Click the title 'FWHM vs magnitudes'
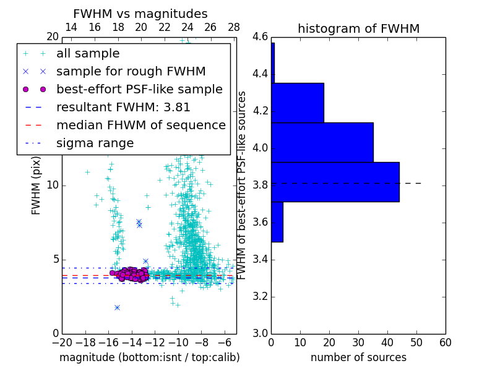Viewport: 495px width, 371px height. tap(140, 14)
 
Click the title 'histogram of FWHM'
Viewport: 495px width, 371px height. tap(358, 28)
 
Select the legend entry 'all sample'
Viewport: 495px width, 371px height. tap(88, 54)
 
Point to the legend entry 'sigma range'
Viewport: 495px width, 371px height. tap(95, 143)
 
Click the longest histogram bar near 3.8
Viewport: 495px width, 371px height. tap(335, 182)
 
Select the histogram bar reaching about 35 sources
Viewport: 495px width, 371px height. tap(322, 142)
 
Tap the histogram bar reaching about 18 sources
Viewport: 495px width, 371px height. tap(297, 103)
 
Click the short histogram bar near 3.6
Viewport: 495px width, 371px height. tap(277, 221)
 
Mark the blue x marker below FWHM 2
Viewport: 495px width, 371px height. tap(117, 307)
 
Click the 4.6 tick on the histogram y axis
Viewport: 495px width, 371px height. tap(260, 37)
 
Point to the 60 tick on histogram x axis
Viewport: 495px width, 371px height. tap(445, 342)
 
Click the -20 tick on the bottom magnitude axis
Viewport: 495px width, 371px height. tap(62, 342)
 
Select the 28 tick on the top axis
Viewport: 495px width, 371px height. tap(234, 27)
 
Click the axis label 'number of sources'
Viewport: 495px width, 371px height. tap(358, 357)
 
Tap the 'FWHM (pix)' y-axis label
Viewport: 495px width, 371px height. tap(37, 185)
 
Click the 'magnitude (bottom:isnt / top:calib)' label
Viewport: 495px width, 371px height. tap(149, 357)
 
